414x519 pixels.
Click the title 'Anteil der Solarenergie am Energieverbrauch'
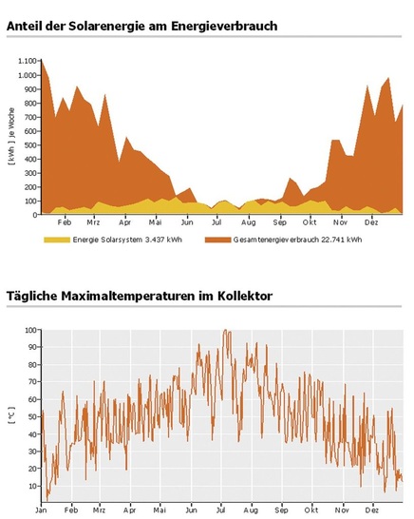pyautogui.click(x=141, y=26)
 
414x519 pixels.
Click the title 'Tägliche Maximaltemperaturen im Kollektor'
pyautogui.click(x=139, y=297)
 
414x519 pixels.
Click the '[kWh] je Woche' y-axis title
pyautogui.click(x=11, y=137)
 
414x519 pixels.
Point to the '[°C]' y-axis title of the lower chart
pyautogui.click(x=11, y=413)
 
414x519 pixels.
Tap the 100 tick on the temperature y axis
pyautogui.click(x=31, y=330)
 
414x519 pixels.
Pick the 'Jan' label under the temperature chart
pyautogui.click(x=41, y=509)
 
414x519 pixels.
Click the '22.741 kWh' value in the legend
pyautogui.click(x=340, y=240)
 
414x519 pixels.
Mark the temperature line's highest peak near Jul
pyautogui.click(x=226, y=331)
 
